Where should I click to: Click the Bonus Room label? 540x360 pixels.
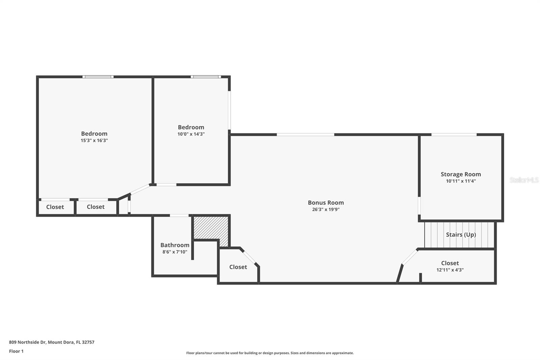pyautogui.click(x=326, y=203)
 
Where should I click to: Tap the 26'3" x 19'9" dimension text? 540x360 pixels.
pyautogui.click(x=326, y=209)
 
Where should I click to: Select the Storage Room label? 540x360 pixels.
pyautogui.click(x=461, y=174)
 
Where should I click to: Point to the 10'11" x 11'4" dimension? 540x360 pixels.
pyautogui.click(x=461, y=181)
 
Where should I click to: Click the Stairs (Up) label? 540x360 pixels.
pyautogui.click(x=461, y=235)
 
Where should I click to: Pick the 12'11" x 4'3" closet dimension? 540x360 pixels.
pyautogui.click(x=450, y=270)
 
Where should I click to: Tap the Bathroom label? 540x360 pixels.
pyautogui.click(x=175, y=245)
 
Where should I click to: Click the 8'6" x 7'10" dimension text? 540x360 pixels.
pyautogui.click(x=175, y=252)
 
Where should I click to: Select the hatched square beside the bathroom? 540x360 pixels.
pyautogui.click(x=211, y=228)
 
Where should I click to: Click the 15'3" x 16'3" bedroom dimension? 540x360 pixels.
pyautogui.click(x=94, y=140)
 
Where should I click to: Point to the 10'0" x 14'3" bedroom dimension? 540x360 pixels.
pyautogui.click(x=191, y=134)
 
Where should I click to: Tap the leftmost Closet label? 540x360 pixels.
pyautogui.click(x=55, y=207)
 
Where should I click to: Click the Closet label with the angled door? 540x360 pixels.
pyautogui.click(x=238, y=267)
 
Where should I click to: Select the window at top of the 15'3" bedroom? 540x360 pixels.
pyautogui.click(x=98, y=77)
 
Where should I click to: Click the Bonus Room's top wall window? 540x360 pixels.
pyautogui.click(x=305, y=135)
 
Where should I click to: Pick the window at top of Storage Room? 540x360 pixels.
pyautogui.click(x=454, y=135)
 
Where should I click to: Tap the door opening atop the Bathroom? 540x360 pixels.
pyautogui.click(x=179, y=215)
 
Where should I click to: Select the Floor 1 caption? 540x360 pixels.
pyautogui.click(x=16, y=351)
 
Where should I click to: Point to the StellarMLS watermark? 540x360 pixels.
pyautogui.click(x=524, y=180)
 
